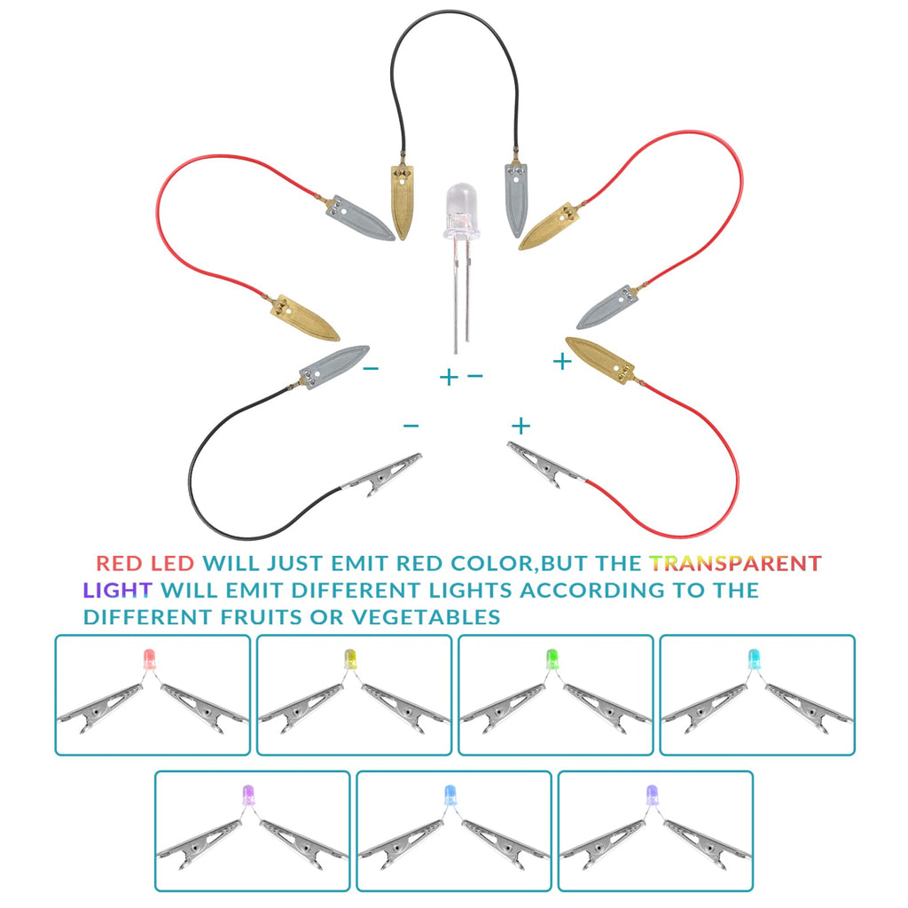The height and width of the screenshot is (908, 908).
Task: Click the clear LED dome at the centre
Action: click(x=461, y=209)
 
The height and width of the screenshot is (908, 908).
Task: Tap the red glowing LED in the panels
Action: click(x=149, y=660)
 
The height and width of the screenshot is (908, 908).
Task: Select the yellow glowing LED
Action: click(x=350, y=659)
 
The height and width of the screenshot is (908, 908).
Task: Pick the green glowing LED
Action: click(x=552, y=659)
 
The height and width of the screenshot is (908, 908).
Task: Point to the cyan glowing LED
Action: click(x=754, y=659)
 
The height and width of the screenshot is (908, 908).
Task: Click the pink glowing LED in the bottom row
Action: click(x=248, y=794)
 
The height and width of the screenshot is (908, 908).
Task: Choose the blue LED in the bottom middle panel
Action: click(x=450, y=794)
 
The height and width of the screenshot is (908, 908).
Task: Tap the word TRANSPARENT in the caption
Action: click(x=735, y=563)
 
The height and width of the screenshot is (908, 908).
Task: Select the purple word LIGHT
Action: click(x=118, y=590)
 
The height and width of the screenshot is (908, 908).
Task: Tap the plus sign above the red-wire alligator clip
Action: click(x=521, y=426)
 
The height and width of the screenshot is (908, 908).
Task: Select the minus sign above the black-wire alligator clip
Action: click(x=411, y=426)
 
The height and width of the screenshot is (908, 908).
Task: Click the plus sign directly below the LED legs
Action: click(x=448, y=378)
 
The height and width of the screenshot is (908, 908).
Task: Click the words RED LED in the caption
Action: click(x=145, y=563)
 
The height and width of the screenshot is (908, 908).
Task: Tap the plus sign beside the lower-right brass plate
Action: click(x=561, y=362)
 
